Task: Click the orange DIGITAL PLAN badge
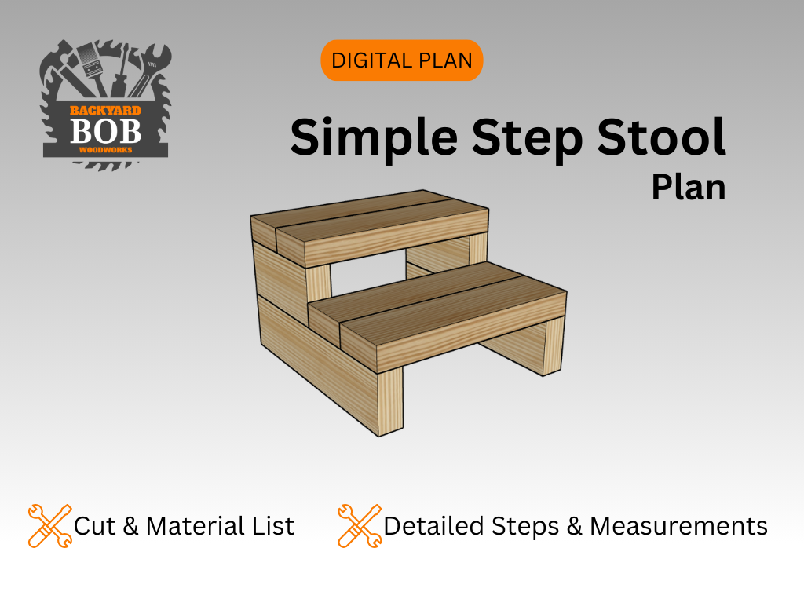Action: point(401,60)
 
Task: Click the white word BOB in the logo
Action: point(106,130)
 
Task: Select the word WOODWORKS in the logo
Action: point(106,148)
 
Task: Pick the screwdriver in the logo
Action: point(122,75)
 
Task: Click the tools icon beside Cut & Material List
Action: point(49,525)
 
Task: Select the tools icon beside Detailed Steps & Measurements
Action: point(359,525)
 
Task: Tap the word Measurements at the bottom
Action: point(678,525)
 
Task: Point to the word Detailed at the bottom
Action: point(432,525)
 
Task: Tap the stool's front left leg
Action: point(390,404)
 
